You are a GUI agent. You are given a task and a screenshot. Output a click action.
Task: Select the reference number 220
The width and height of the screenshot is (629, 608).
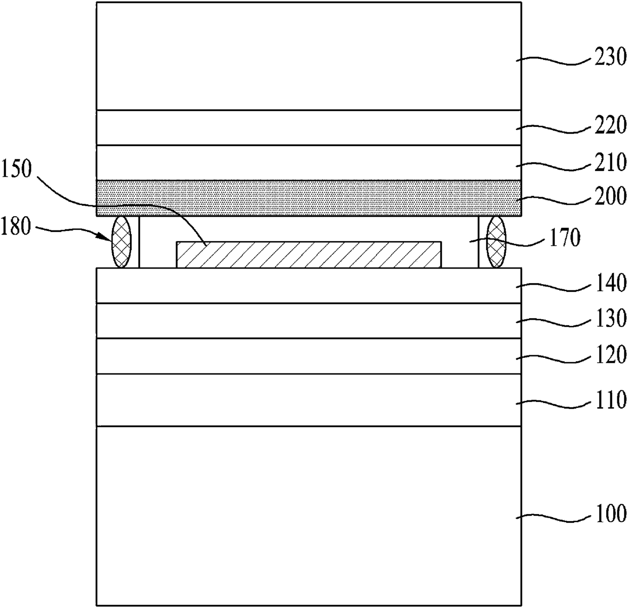610,126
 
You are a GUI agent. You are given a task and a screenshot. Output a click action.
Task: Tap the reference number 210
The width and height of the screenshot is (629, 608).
610,163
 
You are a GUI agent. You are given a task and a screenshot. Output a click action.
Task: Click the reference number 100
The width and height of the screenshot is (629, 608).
610,515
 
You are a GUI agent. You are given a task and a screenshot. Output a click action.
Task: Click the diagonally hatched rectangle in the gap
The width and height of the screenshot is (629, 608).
308,254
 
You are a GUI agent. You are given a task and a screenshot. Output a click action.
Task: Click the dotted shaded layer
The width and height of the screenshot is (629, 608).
308,198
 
